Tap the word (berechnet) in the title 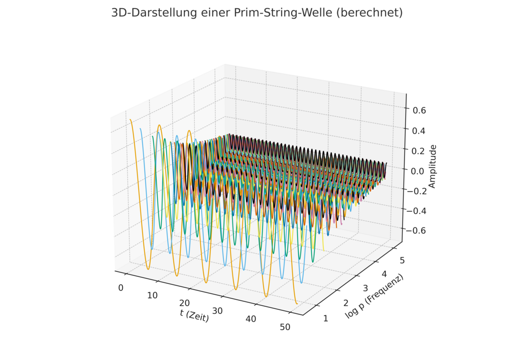click(369, 13)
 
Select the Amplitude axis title click(432, 166)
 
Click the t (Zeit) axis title click(194, 315)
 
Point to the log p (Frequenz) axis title click(374, 296)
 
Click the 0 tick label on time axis click(120, 288)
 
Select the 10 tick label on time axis click(153, 296)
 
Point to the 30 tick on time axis click(218, 311)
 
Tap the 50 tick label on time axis click(285, 327)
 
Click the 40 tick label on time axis click(251, 319)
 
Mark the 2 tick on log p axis click(346, 303)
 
